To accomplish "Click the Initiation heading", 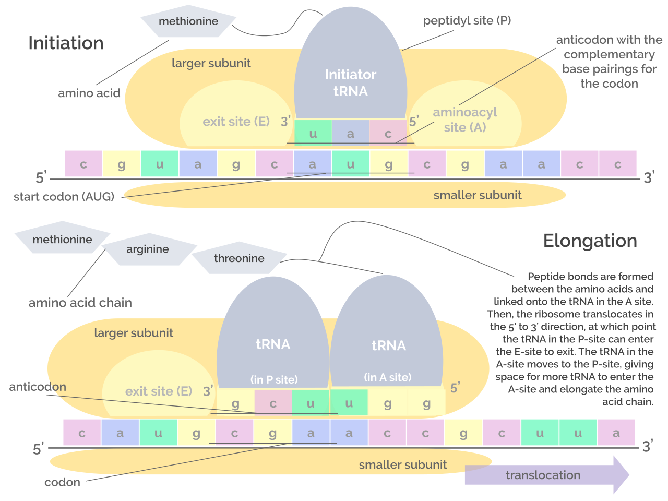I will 66,43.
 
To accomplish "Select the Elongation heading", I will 590,241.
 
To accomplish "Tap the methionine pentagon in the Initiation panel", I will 188,21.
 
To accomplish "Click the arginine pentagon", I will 148,249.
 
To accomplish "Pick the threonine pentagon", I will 239,258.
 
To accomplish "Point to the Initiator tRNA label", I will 351,82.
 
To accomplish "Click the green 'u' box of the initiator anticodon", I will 313,133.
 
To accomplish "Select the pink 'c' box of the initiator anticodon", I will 388,133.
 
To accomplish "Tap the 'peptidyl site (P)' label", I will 467,20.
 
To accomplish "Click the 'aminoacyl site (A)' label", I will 465,120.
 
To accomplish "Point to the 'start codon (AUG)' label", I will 64,197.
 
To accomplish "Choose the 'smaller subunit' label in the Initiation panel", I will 477,195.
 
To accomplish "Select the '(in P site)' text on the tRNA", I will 274,379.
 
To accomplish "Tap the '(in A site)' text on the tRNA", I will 388,377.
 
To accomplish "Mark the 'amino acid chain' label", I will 80,303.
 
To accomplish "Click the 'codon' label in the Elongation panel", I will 62,482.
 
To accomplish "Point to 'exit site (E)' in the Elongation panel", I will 159,391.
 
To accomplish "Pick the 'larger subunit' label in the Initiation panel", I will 211,63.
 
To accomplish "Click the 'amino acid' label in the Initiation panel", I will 89,93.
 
